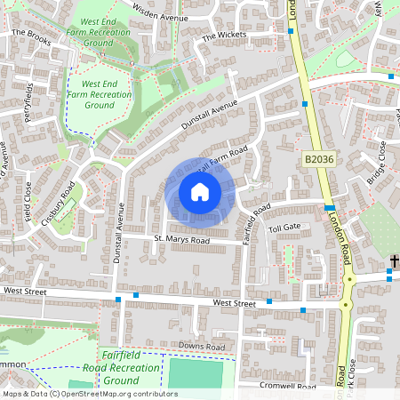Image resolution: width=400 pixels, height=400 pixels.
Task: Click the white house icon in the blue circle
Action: [199, 192]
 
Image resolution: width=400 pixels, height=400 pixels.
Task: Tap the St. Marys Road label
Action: [180, 240]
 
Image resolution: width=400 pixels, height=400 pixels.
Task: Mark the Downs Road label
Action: [197, 346]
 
